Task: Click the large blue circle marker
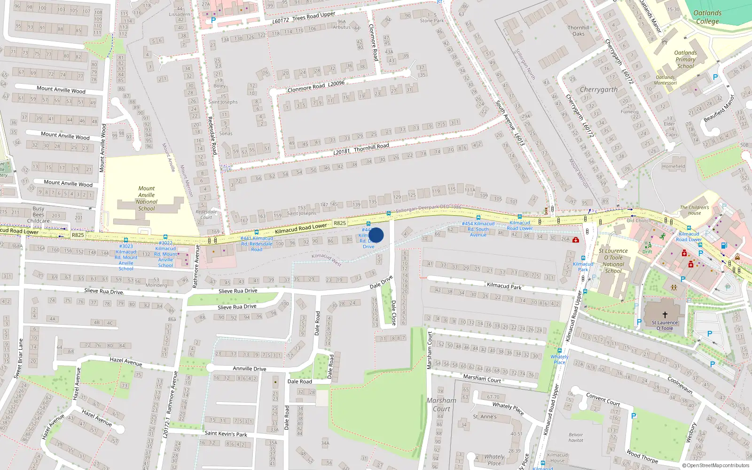tap(376, 235)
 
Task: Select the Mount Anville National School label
tap(147, 198)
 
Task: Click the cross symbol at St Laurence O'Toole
tap(665, 315)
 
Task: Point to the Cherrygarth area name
tap(598, 89)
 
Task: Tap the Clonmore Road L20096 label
tap(316, 86)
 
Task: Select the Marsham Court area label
tap(441, 404)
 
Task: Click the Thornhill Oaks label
tap(578, 31)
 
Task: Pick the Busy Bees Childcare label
tap(39, 214)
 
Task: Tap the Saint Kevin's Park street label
tap(226, 433)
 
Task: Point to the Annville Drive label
tap(250, 368)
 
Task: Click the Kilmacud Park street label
tap(504, 286)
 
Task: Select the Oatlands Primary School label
tap(685, 59)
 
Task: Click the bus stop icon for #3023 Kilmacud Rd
tap(125, 240)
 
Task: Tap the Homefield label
tap(674, 166)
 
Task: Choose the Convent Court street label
tap(603, 399)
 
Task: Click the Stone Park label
tap(432, 21)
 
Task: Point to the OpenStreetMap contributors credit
tap(715, 465)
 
